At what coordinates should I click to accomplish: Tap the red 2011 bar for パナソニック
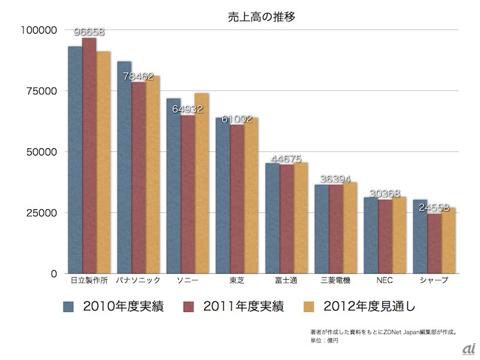[139, 180]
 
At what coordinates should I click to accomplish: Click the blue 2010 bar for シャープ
[420, 237]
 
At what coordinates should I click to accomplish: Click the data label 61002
[237, 119]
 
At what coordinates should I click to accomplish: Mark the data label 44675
[286, 159]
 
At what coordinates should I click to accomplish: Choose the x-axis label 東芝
[237, 280]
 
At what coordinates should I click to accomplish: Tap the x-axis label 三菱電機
[335, 280]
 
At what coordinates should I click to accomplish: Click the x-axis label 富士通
[286, 280]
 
